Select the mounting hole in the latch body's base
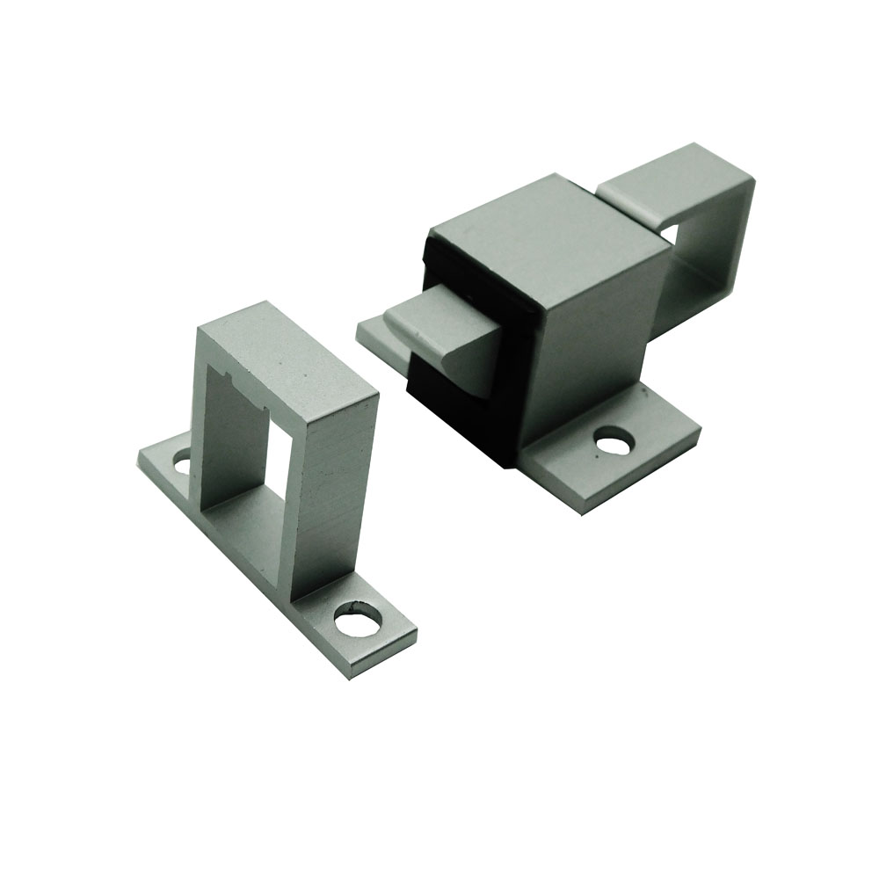click(613, 439)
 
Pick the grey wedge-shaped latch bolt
click(439, 338)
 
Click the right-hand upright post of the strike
click(334, 492)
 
